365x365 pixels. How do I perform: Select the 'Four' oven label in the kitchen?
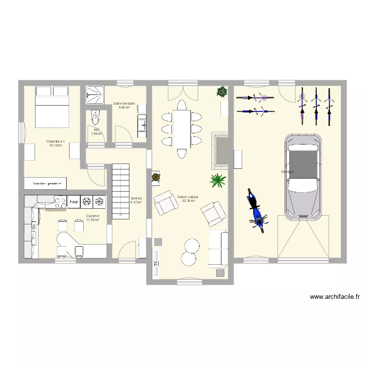(x=74, y=201)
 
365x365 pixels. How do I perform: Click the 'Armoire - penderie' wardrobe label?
(x=47, y=183)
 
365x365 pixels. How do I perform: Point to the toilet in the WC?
(x=95, y=119)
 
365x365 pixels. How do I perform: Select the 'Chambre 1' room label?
(x=55, y=141)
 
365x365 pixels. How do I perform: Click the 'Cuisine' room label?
(x=92, y=216)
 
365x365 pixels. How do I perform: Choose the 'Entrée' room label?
(x=136, y=198)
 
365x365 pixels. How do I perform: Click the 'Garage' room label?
(x=287, y=171)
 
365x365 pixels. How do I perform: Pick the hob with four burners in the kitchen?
(x=60, y=201)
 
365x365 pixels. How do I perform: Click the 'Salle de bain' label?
(x=124, y=103)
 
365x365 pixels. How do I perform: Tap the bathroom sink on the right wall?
(x=142, y=126)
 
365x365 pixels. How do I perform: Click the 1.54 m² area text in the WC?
(x=96, y=133)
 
